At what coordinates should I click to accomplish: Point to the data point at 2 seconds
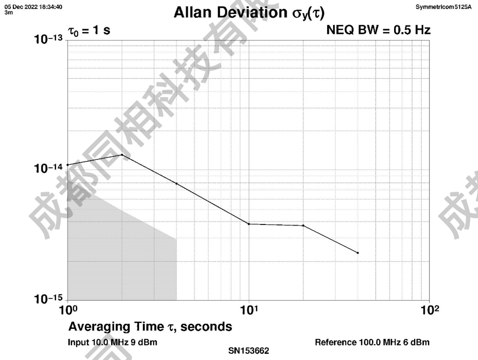point(122,154)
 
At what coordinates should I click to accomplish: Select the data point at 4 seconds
point(177,183)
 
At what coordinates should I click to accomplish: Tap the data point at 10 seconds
point(249,224)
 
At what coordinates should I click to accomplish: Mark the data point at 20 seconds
point(303,226)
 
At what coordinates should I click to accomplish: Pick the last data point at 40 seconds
point(358,253)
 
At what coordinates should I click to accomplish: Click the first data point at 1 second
point(68,165)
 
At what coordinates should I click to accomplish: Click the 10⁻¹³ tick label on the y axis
point(49,40)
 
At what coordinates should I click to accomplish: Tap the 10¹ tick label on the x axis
point(248,310)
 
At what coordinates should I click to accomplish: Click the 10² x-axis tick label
point(429,310)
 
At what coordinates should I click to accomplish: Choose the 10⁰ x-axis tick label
point(68,310)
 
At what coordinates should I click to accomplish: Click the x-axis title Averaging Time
point(150,326)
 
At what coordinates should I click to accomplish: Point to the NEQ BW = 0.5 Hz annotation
point(378,31)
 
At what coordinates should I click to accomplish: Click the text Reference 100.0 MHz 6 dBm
point(372,342)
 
